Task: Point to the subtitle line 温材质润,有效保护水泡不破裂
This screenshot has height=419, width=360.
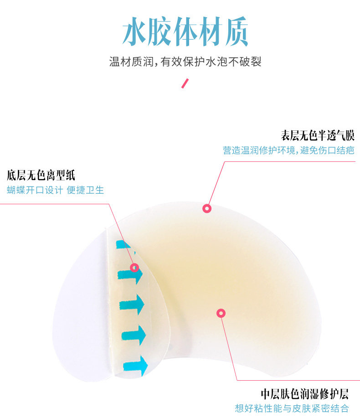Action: pyautogui.click(x=185, y=62)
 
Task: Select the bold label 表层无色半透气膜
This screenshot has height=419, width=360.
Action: pyautogui.click(x=317, y=135)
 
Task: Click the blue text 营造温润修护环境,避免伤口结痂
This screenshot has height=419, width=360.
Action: pyautogui.click(x=288, y=150)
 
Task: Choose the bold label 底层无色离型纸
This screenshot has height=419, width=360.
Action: pyautogui.click(x=41, y=175)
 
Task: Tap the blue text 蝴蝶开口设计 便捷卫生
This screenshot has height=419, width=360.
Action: pyautogui.click(x=55, y=190)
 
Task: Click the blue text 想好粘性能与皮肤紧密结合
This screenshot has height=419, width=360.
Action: pyautogui.click(x=291, y=408)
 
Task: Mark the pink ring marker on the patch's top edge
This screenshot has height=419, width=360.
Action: pyautogui.click(x=207, y=208)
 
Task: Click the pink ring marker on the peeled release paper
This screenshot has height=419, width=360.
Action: pyautogui.click(x=134, y=268)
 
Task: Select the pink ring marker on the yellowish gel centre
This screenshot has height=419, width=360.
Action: pyautogui.click(x=221, y=313)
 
